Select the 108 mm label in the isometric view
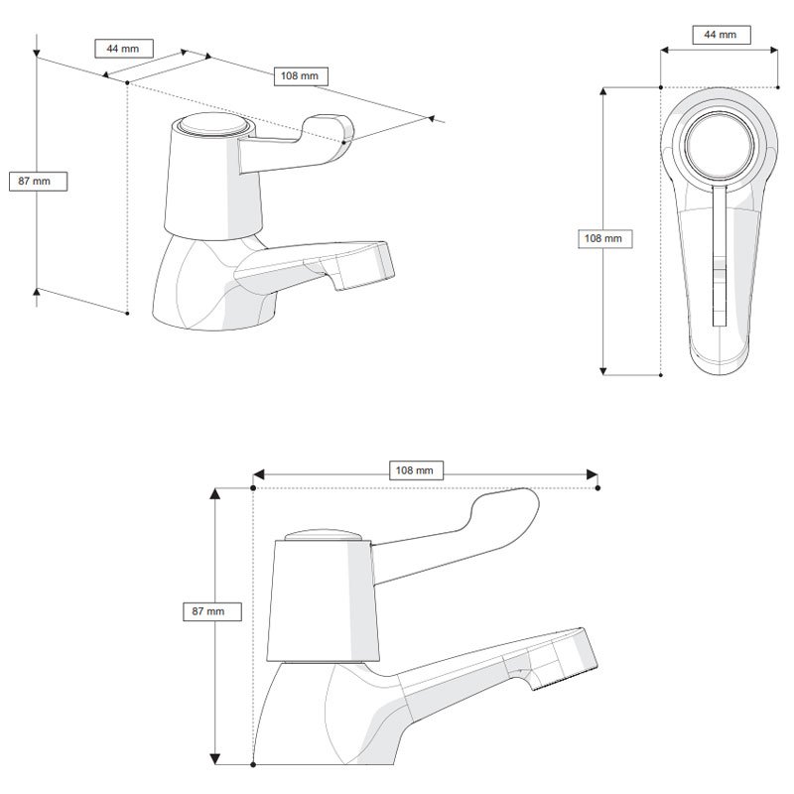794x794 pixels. click(300, 75)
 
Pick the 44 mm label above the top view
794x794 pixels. click(720, 35)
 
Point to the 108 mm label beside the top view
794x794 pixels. click(605, 239)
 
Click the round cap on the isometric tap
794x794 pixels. click(207, 128)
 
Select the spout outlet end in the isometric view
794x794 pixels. click(366, 266)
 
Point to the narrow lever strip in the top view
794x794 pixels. click(719, 258)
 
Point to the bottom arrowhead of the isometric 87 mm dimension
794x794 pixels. click(38, 291)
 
